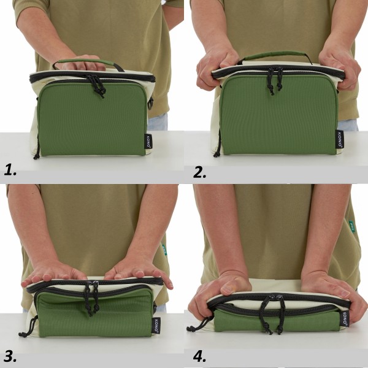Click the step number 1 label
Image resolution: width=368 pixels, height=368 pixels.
point(10,170)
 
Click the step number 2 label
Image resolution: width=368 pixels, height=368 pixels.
point(199,171)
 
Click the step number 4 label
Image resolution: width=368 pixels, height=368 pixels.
point(200,356)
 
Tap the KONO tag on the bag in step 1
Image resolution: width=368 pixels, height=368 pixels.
point(148,140)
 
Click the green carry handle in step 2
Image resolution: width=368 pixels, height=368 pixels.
point(276,55)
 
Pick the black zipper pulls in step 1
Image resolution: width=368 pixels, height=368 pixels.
point(96,86)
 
